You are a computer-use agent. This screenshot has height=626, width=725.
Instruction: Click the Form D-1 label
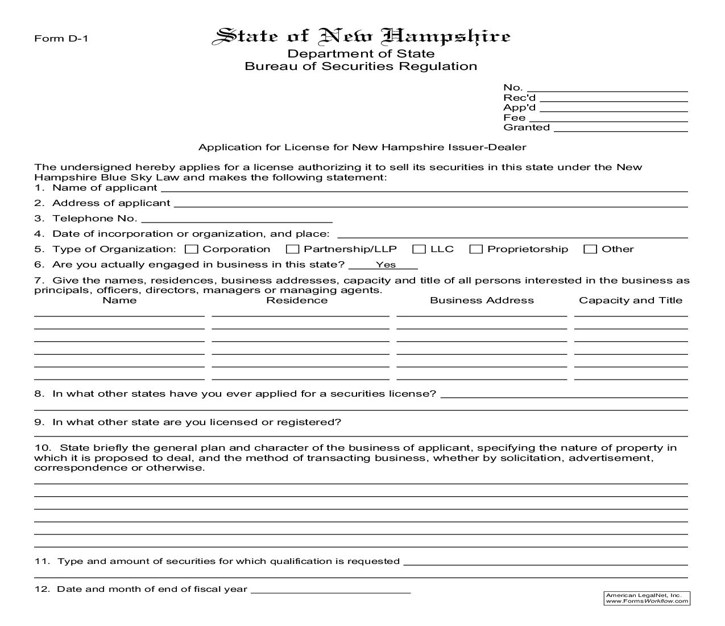tap(61, 39)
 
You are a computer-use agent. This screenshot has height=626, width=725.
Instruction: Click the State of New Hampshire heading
tap(361, 36)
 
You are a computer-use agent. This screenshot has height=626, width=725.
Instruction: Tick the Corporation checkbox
tap(192, 249)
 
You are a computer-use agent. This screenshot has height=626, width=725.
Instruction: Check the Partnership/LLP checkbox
tap(292, 249)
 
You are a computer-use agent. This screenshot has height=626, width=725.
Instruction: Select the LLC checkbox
tap(419, 249)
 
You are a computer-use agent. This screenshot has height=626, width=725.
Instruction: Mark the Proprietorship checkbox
tap(476, 249)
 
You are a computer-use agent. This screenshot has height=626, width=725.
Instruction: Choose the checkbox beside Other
tap(591, 249)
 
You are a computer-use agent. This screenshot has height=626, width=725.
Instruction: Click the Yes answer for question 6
tap(386, 265)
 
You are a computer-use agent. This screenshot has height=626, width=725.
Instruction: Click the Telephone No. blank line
tap(237, 220)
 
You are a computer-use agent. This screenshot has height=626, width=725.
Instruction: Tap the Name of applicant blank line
tap(424, 189)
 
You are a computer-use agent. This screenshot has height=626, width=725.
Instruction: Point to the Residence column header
tap(297, 300)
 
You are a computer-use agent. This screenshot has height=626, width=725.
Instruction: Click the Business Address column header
tap(482, 300)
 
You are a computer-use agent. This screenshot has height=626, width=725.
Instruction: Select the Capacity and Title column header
tap(631, 300)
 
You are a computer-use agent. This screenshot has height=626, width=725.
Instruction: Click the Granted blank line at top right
tap(620, 129)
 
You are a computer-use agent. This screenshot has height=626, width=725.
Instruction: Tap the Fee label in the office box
tap(514, 118)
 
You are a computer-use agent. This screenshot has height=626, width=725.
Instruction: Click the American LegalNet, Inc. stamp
tap(647, 598)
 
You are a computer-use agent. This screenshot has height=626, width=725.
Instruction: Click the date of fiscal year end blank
tap(330, 590)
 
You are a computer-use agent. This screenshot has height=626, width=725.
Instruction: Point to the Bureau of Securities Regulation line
tap(361, 67)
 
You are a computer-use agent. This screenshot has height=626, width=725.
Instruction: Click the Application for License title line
tap(362, 147)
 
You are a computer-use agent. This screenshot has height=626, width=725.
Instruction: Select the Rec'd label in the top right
tap(519, 98)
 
